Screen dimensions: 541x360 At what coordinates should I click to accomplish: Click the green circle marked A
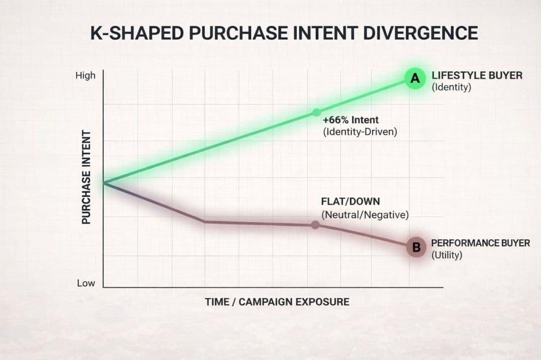[415, 78]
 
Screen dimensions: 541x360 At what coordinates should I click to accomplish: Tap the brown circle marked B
[416, 247]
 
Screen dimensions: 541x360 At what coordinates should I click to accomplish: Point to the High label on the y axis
[85, 75]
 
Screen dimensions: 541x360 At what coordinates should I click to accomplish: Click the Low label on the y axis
[86, 283]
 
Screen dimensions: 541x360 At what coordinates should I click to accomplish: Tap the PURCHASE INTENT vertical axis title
[86, 177]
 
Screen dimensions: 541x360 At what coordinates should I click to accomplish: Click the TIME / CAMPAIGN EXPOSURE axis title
[277, 302]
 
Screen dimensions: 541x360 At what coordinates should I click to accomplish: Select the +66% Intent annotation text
[351, 120]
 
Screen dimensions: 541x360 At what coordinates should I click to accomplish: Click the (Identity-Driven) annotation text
[360, 132]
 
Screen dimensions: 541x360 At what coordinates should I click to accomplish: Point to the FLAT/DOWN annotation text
[350, 202]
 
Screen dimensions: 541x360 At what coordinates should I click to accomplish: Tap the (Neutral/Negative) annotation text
[365, 215]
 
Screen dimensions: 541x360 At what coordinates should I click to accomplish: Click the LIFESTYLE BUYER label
[477, 75]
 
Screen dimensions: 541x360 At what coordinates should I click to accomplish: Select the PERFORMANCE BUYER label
[480, 243]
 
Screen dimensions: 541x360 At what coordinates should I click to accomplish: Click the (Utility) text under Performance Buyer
[447, 255]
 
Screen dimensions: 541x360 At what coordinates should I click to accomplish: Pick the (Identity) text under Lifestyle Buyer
[451, 87]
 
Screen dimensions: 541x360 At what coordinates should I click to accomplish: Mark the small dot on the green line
[317, 113]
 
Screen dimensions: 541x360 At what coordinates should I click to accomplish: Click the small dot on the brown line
[315, 225]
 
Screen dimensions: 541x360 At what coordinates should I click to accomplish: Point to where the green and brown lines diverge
[104, 183]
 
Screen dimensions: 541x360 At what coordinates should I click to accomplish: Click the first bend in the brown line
[205, 222]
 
